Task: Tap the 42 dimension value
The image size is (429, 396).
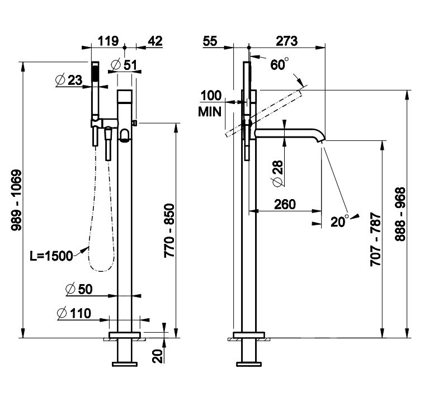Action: (155, 41)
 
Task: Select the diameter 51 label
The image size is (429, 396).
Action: (125, 65)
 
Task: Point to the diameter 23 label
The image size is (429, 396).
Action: (69, 80)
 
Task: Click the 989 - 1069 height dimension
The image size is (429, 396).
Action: (16, 200)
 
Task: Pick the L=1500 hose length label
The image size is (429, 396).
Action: (51, 256)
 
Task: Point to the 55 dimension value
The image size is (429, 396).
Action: (210, 41)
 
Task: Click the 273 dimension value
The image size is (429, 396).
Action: (286, 41)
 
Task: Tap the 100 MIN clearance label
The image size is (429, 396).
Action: (210, 103)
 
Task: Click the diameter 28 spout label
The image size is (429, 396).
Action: (277, 173)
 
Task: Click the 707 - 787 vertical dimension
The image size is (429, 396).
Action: (376, 239)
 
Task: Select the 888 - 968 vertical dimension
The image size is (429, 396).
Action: (400, 214)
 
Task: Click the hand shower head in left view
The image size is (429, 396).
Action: (95, 73)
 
